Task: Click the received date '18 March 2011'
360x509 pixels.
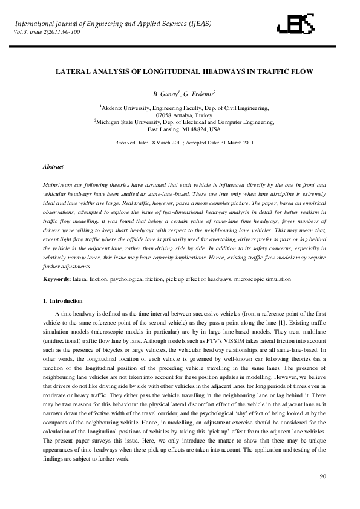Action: [167, 143]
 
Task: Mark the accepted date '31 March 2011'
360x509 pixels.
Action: [233, 143]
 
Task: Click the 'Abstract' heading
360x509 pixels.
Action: [53, 166]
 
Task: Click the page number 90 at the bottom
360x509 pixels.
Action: [322, 478]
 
